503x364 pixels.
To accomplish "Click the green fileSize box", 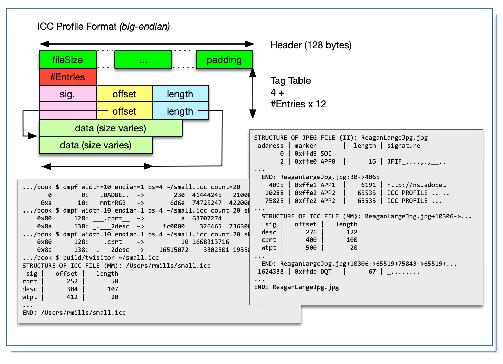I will [x=67, y=60].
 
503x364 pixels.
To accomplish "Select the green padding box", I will [x=224, y=60].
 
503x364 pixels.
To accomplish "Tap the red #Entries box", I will [x=67, y=77].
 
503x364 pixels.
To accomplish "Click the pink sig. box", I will [x=67, y=94].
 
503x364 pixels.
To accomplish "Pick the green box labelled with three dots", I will [x=143, y=60].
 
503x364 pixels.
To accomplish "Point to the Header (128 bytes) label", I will [x=311, y=45].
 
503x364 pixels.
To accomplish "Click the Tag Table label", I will [x=291, y=81].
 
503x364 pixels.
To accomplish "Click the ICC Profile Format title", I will [x=103, y=27].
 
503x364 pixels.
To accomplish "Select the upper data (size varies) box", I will [x=111, y=128].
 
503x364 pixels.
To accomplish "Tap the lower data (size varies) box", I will [x=96, y=145].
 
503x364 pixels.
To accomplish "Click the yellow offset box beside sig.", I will [x=124, y=94].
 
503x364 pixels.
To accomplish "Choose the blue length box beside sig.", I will [x=180, y=94].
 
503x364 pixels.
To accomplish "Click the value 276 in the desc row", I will [x=311, y=232].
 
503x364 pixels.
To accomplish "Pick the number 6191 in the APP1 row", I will [x=368, y=185].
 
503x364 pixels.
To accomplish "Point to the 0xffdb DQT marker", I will [x=313, y=272].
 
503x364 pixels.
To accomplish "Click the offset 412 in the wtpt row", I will [x=72, y=297].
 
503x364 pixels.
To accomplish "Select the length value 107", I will [x=113, y=289].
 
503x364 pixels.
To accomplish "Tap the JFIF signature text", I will [x=416, y=161].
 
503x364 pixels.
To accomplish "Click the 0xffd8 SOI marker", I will [x=313, y=154].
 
